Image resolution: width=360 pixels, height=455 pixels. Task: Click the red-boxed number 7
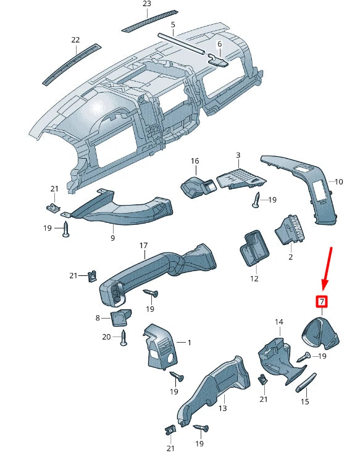(x=321, y=302)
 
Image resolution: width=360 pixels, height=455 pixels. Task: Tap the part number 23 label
(x=146, y=4)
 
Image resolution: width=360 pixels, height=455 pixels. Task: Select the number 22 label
(x=75, y=40)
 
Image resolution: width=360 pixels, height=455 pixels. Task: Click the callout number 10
(x=338, y=182)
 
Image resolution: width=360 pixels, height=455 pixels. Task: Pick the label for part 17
(x=143, y=246)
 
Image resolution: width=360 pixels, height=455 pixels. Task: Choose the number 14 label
(x=278, y=322)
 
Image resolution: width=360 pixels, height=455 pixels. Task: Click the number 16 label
(x=195, y=161)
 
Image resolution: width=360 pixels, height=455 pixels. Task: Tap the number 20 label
(x=106, y=337)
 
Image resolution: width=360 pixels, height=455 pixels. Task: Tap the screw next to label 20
(x=123, y=337)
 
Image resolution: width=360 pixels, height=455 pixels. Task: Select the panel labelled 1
(x=161, y=348)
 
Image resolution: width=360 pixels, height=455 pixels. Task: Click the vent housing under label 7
(x=320, y=332)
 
